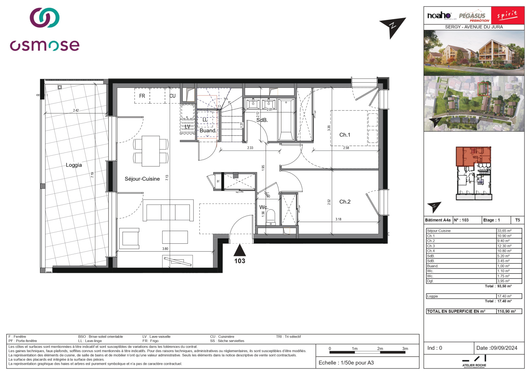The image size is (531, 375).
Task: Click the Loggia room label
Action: pos(74,165)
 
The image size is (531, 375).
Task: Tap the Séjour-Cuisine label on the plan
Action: pos(142,179)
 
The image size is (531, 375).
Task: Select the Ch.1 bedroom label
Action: pos(344,135)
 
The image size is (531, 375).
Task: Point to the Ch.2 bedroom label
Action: pos(345,202)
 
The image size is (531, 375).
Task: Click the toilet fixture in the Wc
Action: pos(271,217)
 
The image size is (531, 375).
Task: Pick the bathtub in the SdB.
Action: pos(286,119)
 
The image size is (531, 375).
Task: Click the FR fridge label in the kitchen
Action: pos(142,96)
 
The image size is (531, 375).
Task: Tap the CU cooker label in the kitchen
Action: pos(173,96)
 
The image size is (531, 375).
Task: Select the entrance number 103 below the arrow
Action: pos(240,261)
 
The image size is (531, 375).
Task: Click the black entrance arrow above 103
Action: pos(240,249)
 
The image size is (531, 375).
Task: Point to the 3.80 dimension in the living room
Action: pos(165,249)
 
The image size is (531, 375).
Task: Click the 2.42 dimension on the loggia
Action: pos(76,110)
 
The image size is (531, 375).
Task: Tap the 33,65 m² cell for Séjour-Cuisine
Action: pos(504,231)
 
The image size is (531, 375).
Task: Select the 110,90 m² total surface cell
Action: pos(506,311)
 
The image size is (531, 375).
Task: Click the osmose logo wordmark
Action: pos(45,45)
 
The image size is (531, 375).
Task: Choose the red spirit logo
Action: pos(507,15)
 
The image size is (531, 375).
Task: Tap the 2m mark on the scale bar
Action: pos(380,348)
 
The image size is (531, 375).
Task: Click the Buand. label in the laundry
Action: pos(208,131)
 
